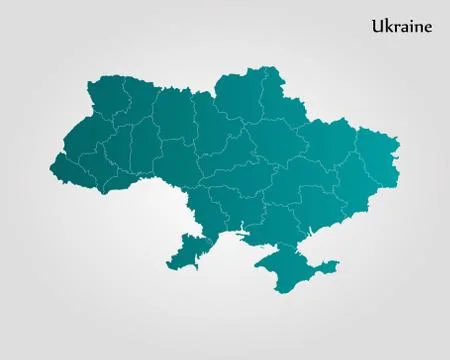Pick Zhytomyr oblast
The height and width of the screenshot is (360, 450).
click(175, 115)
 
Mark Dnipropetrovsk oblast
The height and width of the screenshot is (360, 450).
click(290, 185)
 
